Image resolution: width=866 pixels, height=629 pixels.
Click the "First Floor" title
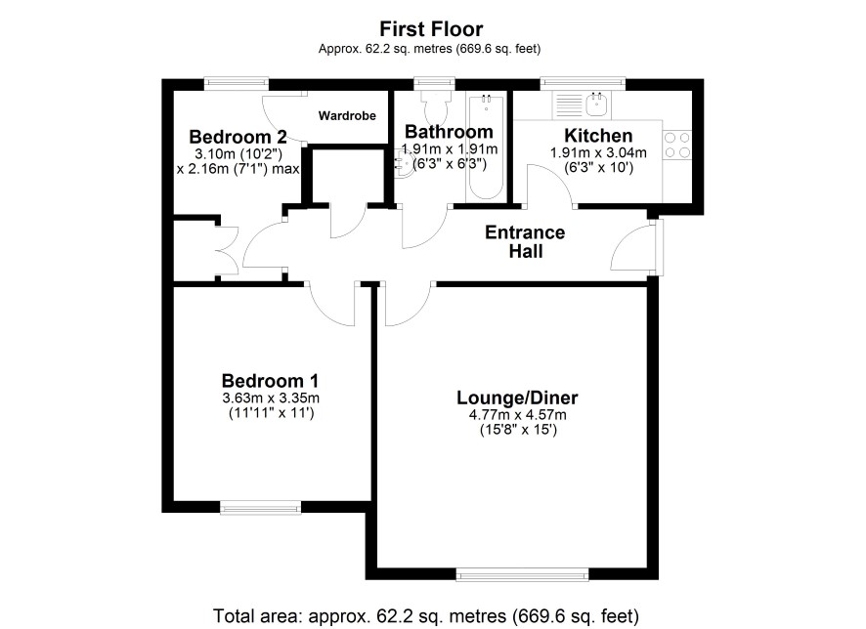click(x=431, y=28)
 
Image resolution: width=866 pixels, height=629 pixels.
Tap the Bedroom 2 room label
click(x=238, y=137)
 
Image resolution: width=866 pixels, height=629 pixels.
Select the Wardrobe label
click(x=347, y=116)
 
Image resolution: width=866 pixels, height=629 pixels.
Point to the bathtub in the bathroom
click(x=485, y=147)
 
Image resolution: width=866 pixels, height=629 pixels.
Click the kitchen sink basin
click(x=597, y=104)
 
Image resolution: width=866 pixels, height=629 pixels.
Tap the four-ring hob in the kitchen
click(x=677, y=145)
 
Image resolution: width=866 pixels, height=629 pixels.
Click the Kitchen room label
click(x=597, y=135)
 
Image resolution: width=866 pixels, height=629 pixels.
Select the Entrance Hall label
click(x=525, y=241)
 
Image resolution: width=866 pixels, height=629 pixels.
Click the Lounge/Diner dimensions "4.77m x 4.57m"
click(x=517, y=415)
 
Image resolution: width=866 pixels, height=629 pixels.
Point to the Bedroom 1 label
click(x=270, y=381)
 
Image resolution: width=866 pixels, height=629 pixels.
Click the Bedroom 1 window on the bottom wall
click(x=261, y=508)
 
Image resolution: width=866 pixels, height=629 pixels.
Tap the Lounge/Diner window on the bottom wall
click(x=522, y=575)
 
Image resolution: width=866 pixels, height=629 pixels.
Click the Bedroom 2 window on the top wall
click(x=236, y=83)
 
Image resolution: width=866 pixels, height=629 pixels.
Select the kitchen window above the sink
click(x=583, y=83)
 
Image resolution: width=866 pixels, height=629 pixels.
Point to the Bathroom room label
click(x=449, y=132)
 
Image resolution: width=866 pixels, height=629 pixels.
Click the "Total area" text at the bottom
click(x=426, y=615)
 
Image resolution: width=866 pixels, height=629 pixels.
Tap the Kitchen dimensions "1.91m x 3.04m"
click(x=598, y=152)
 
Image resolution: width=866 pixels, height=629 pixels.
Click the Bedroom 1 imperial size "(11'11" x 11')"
click(x=271, y=413)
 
